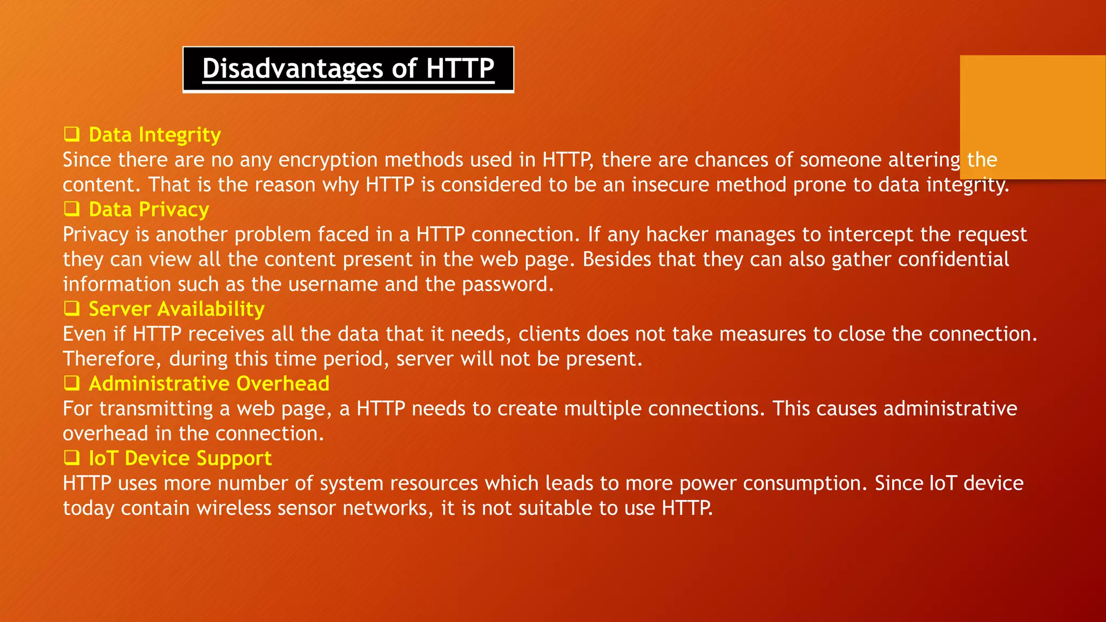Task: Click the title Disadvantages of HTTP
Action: click(348, 69)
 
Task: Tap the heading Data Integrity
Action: click(154, 135)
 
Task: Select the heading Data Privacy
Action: click(149, 209)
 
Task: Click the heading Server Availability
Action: click(177, 309)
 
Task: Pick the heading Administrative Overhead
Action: click(209, 383)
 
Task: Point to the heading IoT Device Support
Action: click(180, 458)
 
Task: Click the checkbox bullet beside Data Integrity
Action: click(72, 133)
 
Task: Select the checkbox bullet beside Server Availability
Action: click(72, 308)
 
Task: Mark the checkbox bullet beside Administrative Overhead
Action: click(72, 382)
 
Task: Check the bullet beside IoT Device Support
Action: click(72, 457)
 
